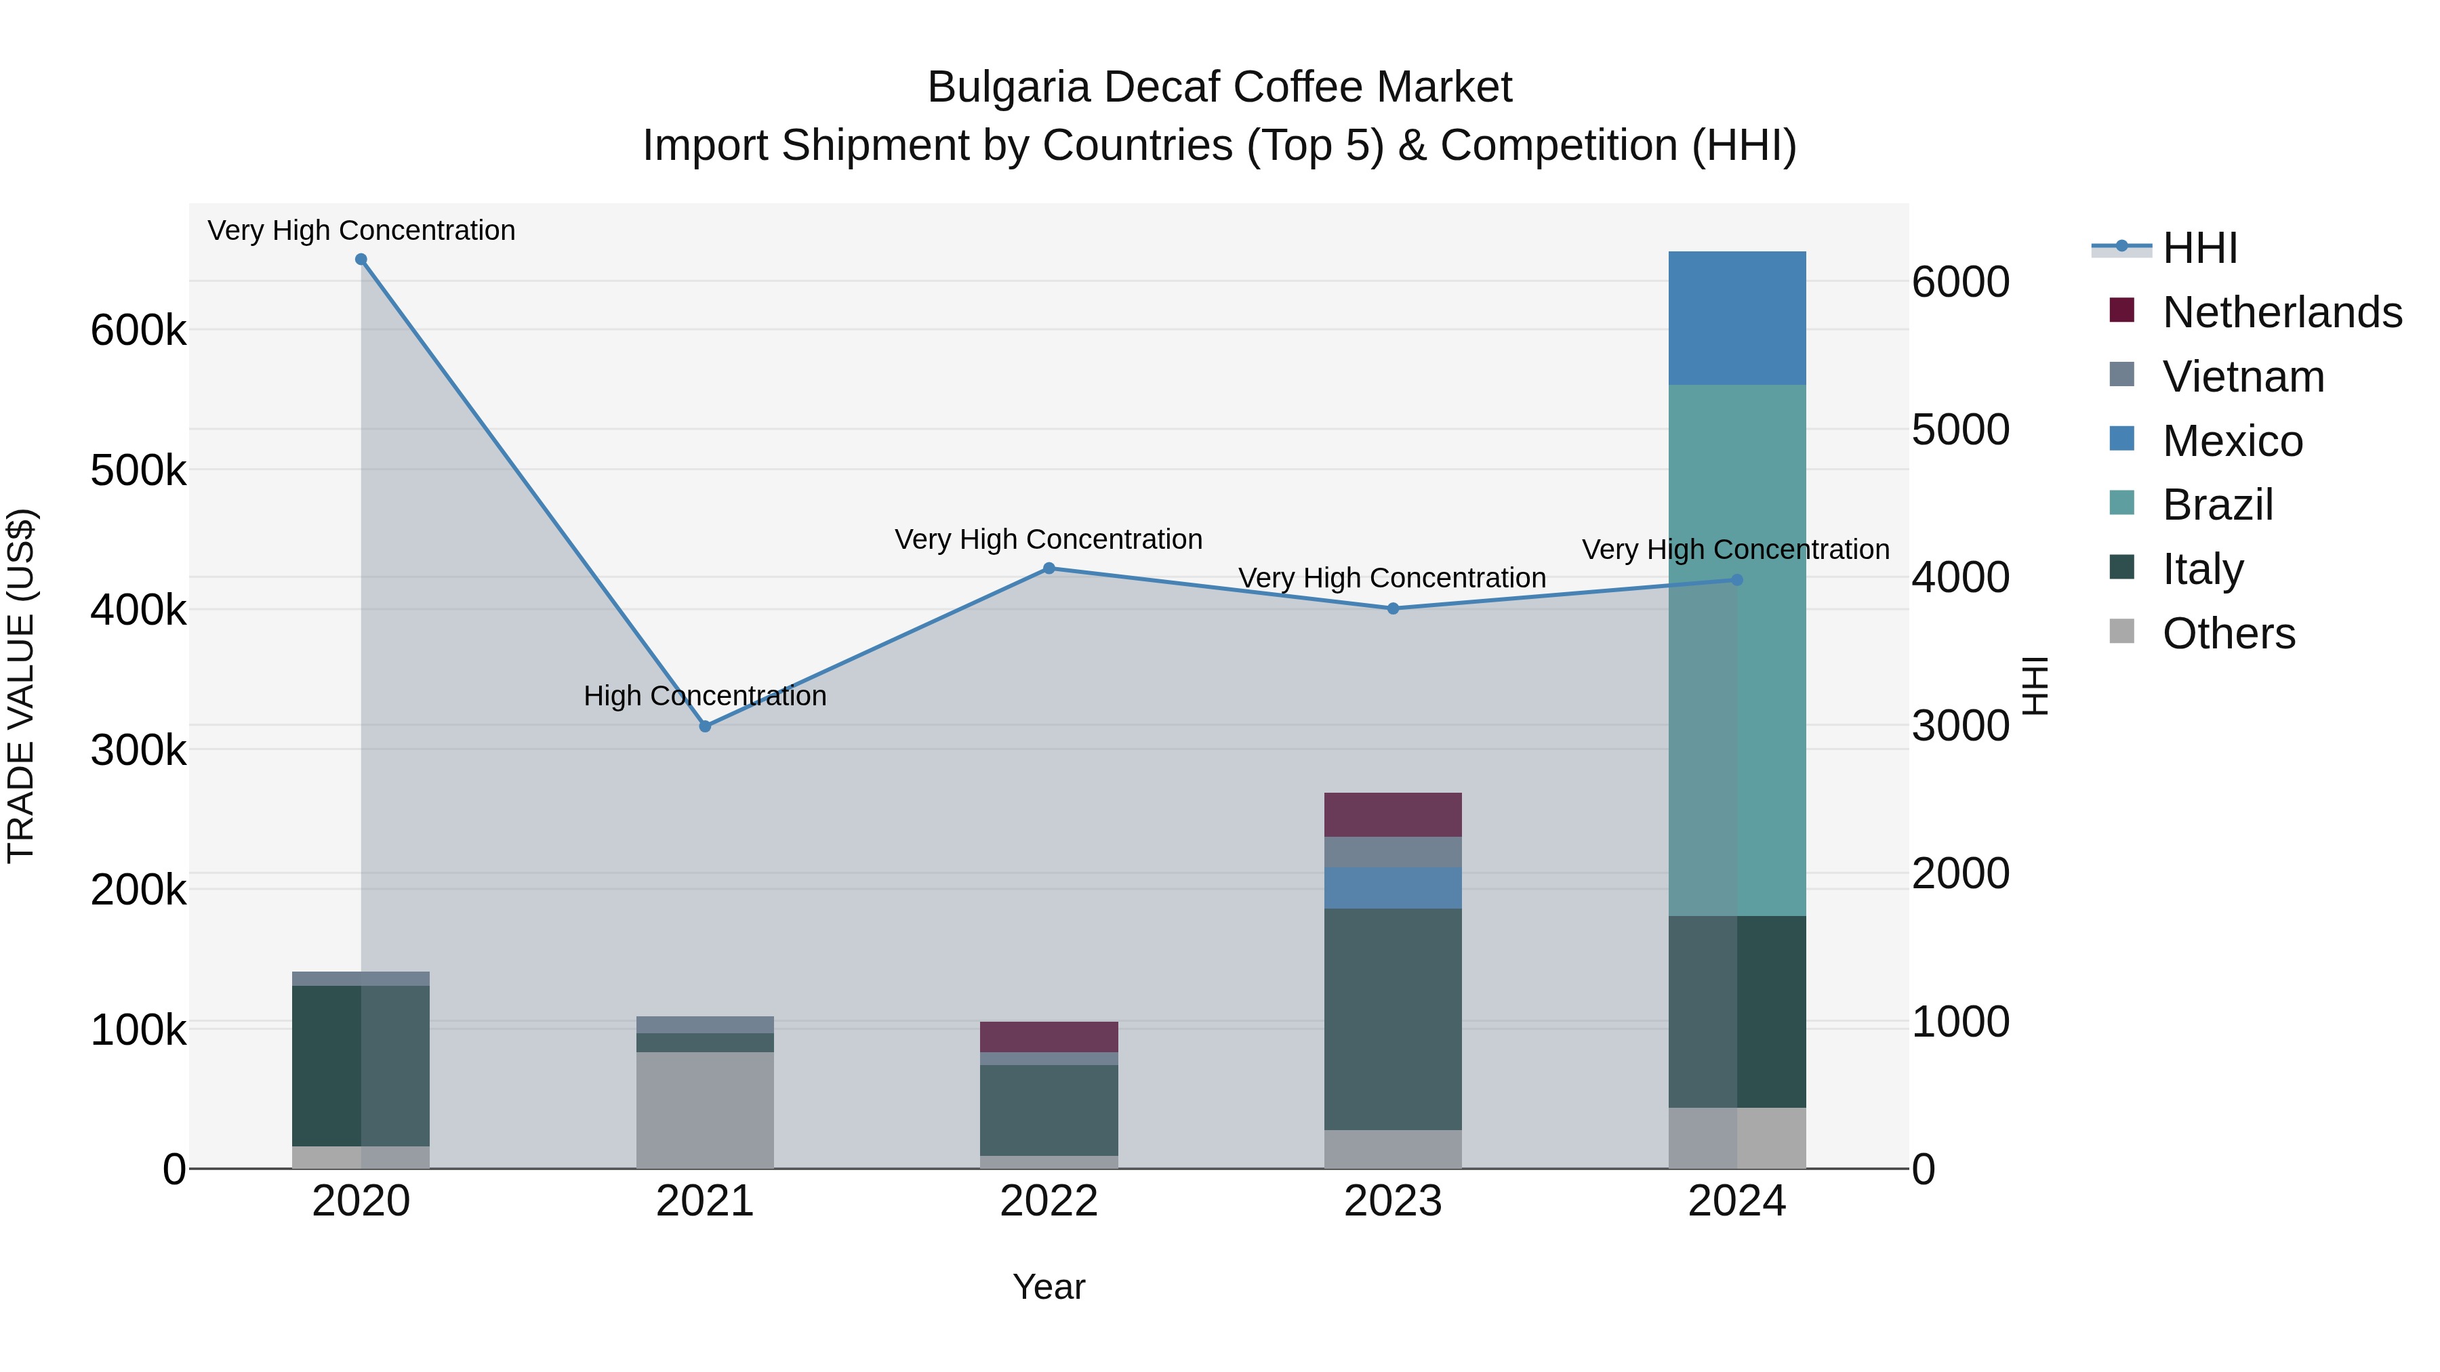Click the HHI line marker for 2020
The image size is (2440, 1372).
[x=361, y=259]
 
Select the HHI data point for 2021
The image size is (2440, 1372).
[x=705, y=726]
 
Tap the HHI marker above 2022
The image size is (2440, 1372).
[x=1049, y=568]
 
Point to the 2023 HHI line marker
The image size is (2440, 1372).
[x=1392, y=609]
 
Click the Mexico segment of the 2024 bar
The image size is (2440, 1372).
[x=1736, y=318]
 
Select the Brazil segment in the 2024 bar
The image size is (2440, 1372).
[x=1736, y=650]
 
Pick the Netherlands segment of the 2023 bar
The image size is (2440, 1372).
[x=1392, y=814]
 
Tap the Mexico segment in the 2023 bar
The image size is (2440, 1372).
[x=1392, y=888]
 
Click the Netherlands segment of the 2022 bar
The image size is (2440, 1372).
[x=1049, y=1037]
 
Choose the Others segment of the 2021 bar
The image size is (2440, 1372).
[x=705, y=1110]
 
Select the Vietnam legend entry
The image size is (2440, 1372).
[x=2243, y=377]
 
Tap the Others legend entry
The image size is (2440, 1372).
[x=2228, y=633]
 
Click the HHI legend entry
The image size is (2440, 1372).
[x=2199, y=248]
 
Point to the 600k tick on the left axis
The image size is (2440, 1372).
[x=138, y=331]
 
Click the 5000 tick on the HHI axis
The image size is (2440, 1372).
[x=1959, y=430]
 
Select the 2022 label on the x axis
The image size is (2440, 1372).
[x=1049, y=1201]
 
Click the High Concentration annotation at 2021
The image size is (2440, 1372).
[x=705, y=696]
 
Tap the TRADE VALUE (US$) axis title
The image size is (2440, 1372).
[x=21, y=686]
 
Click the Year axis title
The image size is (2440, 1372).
[x=1049, y=1287]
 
